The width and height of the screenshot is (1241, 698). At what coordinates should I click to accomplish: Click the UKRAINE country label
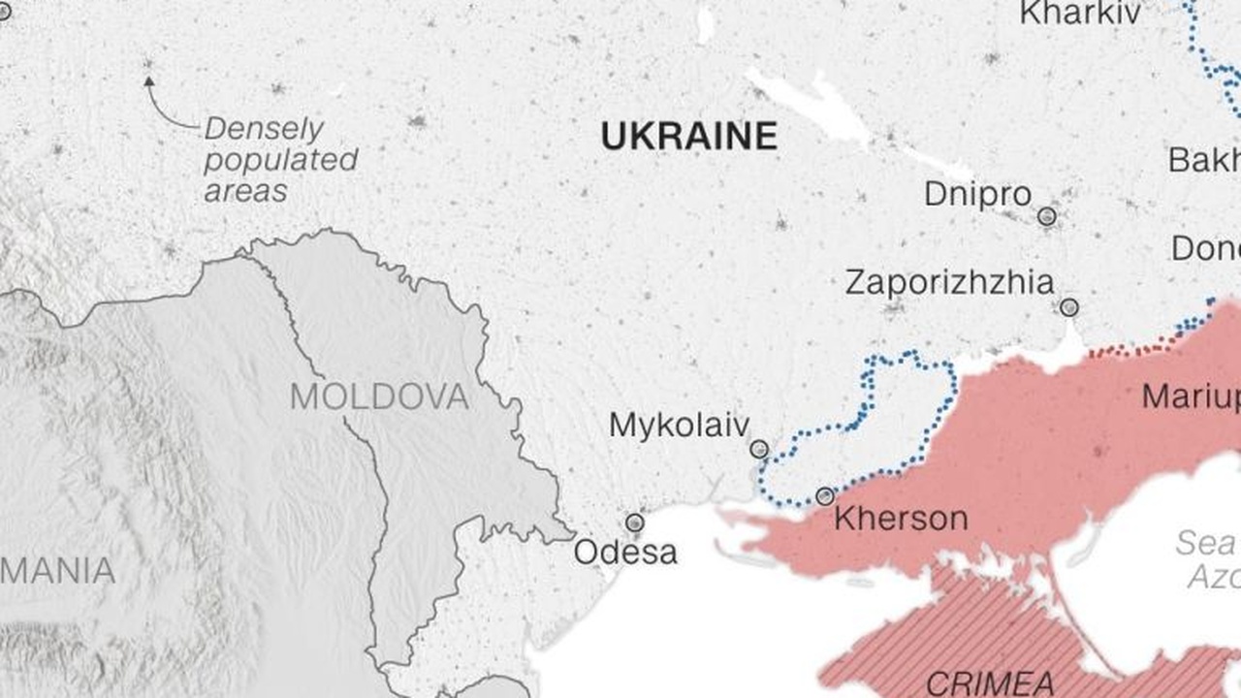[688, 136]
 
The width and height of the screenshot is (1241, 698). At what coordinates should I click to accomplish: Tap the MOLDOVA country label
[379, 397]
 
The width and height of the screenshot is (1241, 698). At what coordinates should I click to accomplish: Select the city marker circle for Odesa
[634, 523]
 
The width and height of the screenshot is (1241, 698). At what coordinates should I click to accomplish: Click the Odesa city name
[625, 553]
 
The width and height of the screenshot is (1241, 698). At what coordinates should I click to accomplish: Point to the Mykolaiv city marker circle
[759, 449]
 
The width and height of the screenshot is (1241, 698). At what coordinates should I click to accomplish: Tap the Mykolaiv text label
[679, 425]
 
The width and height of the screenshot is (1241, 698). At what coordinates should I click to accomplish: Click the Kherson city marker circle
[825, 496]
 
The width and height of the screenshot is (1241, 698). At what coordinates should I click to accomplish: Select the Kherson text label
[901, 519]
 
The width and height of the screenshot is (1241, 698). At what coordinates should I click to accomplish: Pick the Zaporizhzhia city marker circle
[1068, 307]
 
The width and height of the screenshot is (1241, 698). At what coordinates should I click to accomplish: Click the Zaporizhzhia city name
[949, 283]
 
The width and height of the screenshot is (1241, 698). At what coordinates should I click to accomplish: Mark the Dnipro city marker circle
[1046, 216]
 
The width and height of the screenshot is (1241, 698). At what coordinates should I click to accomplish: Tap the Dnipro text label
[977, 194]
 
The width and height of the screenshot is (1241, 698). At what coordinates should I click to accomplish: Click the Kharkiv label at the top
[1080, 14]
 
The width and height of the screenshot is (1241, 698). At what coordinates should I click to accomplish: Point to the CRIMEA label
[990, 683]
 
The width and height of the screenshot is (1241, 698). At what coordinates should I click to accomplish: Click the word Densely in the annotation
[264, 129]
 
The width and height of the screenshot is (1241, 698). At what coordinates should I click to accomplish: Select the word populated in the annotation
[280, 160]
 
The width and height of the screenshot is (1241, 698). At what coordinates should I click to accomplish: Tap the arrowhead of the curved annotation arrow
[148, 82]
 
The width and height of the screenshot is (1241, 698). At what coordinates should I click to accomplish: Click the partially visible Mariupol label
[1191, 397]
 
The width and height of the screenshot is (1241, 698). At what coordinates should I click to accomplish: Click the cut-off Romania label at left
[58, 571]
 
